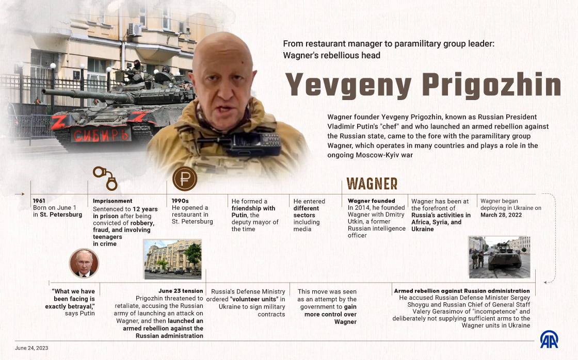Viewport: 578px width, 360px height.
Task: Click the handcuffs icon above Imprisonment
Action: pos(105,177)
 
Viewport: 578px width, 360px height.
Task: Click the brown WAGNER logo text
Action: pos(372,184)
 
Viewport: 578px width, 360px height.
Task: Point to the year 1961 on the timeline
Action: pos(39,201)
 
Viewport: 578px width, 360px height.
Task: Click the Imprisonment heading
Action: pos(113,201)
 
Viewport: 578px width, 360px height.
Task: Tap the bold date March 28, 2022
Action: pos(501,215)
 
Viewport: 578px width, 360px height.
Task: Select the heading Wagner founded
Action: pos(372,201)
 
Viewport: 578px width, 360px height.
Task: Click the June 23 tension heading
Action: pos(181,291)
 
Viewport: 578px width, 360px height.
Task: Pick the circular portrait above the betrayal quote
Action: pos(83,263)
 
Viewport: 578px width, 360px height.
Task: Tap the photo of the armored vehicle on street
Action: pos(499,257)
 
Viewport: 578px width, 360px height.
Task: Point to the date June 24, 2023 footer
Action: pos(33,348)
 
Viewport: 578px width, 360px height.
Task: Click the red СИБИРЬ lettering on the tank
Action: pos(101,135)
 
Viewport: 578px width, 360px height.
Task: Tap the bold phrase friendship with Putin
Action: pos(253,212)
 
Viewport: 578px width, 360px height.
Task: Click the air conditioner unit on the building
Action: pos(135,29)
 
